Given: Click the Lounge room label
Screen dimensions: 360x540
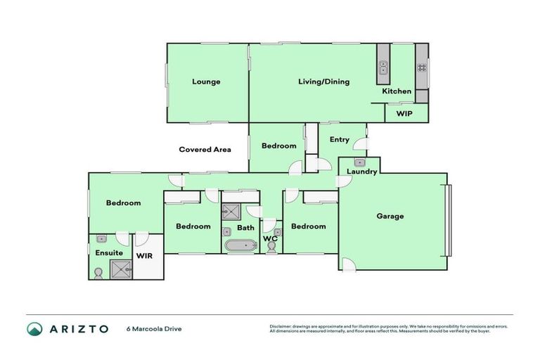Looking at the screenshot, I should pos(206,82).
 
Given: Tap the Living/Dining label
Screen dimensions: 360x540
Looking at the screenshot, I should pos(323,82).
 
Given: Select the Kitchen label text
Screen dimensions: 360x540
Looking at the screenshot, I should pos(397,91).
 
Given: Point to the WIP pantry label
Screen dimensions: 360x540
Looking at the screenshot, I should pos(404,112).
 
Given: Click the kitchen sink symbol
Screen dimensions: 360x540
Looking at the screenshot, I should pos(383,68).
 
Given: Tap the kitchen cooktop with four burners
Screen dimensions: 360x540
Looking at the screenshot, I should pos(422,68).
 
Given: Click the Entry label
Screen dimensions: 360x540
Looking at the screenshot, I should pos(339,139).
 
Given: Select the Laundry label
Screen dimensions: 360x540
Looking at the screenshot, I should pos(363,171).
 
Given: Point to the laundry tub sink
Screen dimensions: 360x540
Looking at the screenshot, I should pos(359,162).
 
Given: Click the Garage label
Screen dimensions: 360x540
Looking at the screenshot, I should pos(390,216).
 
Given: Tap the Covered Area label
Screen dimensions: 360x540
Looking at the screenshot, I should pos(205,149).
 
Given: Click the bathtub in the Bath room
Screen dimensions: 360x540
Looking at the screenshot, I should pos(242,246).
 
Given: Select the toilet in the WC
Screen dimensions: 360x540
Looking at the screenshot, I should pos(271,247).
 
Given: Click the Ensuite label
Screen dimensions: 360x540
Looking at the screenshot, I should pos(109,252).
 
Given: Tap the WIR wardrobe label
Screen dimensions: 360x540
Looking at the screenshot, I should pos(145,256).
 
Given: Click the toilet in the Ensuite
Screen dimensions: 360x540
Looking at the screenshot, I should pos(98,273).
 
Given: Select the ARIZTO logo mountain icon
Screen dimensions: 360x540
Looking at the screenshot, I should pos(34,328).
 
